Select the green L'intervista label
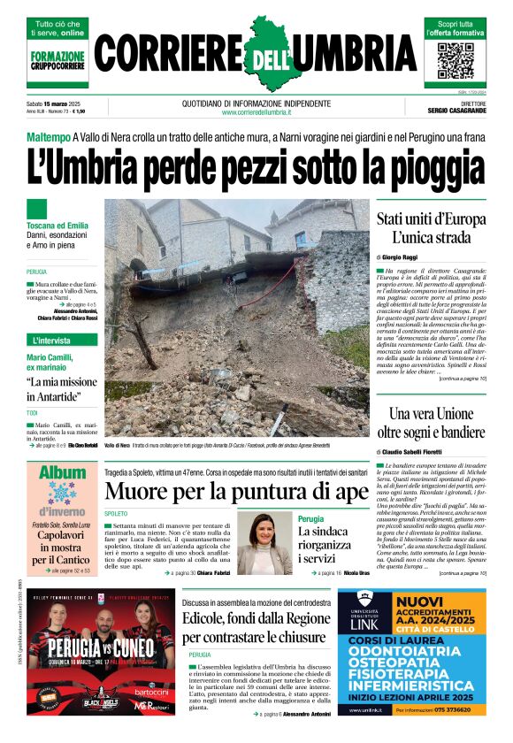[51, 340]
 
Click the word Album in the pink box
[62, 473]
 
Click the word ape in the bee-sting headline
[348, 493]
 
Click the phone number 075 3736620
[450, 709]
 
